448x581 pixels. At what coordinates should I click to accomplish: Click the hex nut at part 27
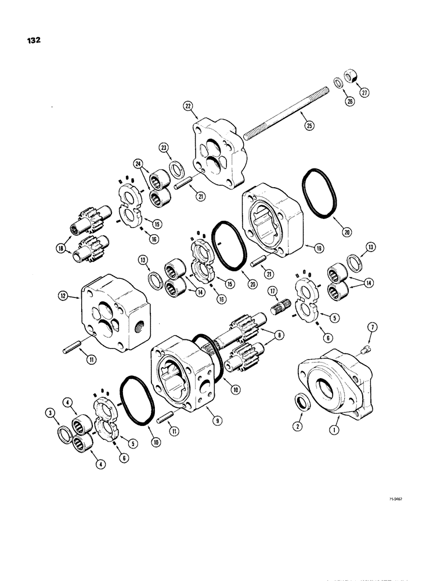[x=351, y=76]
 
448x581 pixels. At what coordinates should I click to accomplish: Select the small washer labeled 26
[x=337, y=81]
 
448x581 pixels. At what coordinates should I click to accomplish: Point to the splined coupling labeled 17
[x=281, y=307]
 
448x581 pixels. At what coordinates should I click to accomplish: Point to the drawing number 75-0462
[x=394, y=514]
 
